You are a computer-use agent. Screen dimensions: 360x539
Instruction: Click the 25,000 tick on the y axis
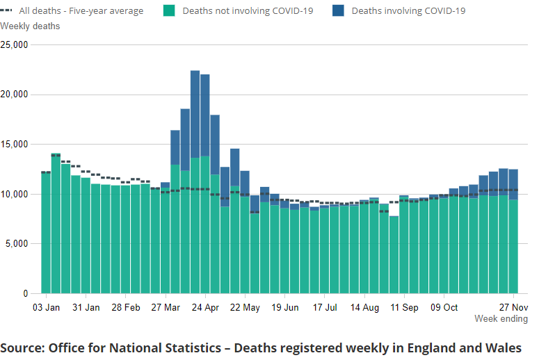pos(14,45)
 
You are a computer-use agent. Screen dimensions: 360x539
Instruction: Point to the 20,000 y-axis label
pos(14,95)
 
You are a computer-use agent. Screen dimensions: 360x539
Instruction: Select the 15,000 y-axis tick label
pos(14,145)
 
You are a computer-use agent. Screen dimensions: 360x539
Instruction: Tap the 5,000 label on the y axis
pos(16,244)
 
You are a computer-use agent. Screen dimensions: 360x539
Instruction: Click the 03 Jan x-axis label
pos(47,307)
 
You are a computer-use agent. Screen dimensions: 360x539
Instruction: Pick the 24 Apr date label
pos(206,307)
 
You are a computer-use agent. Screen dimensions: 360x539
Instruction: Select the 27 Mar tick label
pos(166,307)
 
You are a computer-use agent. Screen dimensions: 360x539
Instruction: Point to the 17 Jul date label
pos(324,307)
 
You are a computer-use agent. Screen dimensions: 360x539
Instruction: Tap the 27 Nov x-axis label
pos(513,307)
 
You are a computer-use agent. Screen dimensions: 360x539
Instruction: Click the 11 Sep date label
pos(404,307)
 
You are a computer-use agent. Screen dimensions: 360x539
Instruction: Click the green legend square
pos(169,10)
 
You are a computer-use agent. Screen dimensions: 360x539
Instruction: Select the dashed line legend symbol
pos(8,10)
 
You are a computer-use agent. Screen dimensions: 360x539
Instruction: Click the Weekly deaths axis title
pos(30,26)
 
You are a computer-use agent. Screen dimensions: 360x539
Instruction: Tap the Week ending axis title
pos(499,318)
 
